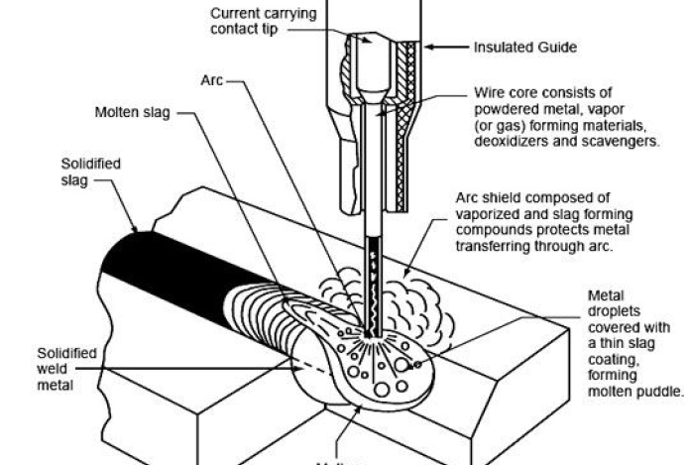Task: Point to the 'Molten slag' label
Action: (132, 113)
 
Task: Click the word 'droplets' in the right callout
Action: (613, 310)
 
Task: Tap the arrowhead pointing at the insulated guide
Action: (430, 46)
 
